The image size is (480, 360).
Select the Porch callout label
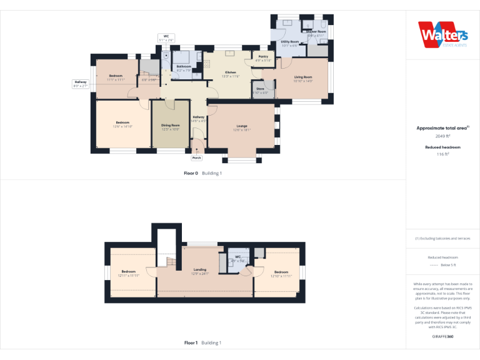(x=197, y=158)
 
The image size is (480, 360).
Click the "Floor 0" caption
(x=191, y=173)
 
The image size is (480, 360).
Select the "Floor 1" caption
(x=191, y=342)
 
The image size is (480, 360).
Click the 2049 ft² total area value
(x=442, y=136)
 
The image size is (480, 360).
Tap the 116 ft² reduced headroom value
(x=442, y=154)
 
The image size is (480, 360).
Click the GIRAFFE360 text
(x=442, y=336)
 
